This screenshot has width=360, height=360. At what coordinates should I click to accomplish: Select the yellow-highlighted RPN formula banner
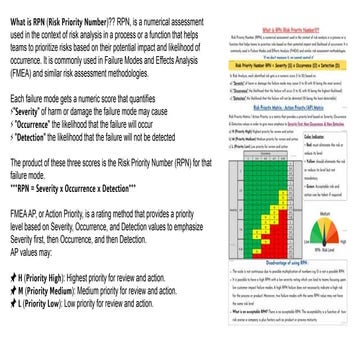coord(266,67)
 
